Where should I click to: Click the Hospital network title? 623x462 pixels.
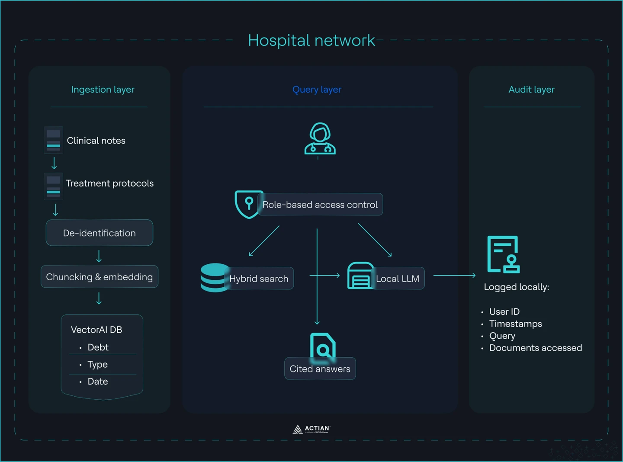311,41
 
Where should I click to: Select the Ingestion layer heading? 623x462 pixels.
103,90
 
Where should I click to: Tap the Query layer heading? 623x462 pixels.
317,90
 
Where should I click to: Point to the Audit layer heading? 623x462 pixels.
531,90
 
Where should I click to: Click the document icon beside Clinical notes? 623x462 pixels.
54,140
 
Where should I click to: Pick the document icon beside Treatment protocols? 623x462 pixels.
54,186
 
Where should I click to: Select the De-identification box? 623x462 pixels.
100,233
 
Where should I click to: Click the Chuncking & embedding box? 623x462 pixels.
100,277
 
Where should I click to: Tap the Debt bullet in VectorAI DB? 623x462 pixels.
98,347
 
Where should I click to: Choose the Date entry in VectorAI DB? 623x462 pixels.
98,382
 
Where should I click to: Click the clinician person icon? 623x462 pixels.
320,139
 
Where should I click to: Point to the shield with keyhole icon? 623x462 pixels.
248,204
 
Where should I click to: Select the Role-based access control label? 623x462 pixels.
320,205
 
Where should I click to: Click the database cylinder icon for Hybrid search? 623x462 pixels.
215,278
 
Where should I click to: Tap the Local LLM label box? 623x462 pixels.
398,279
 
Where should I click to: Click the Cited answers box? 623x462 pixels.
320,369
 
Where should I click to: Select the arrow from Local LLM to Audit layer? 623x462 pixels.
454,275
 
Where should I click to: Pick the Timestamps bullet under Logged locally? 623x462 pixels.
515,324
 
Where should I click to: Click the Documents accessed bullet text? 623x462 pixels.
535,348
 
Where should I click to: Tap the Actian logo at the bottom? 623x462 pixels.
311,429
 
